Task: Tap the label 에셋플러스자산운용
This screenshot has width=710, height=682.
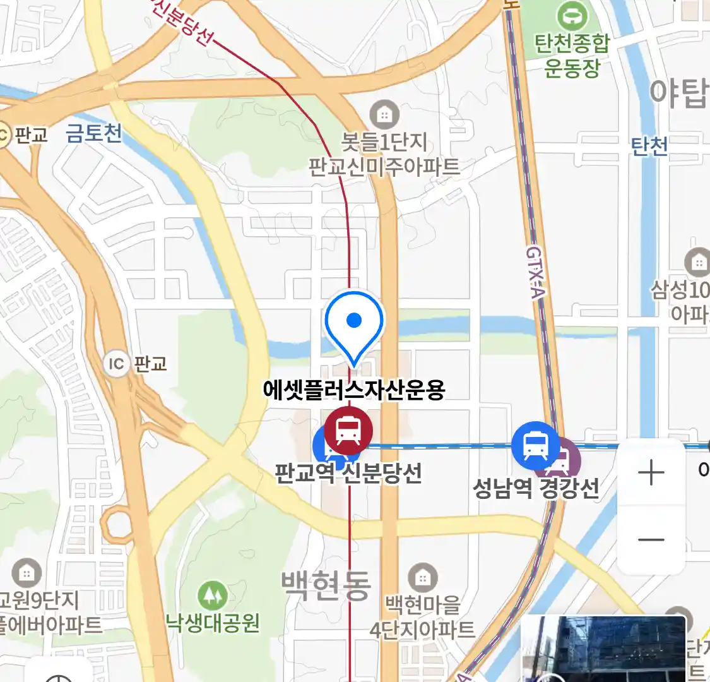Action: click(354, 390)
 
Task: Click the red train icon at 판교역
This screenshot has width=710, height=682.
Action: click(348, 431)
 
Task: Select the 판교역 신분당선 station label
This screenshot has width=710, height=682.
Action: click(348, 472)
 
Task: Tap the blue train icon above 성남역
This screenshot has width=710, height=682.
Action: click(536, 444)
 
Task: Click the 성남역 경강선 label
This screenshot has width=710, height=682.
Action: click(536, 488)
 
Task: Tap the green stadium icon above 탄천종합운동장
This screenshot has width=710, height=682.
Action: click(572, 15)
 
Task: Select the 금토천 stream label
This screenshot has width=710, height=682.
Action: click(94, 133)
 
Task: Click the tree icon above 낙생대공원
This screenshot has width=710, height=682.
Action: click(213, 595)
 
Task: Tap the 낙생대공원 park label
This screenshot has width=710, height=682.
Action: click(213, 623)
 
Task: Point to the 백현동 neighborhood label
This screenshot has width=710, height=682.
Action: click(326, 585)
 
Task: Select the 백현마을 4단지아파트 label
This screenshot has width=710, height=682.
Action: click(422, 617)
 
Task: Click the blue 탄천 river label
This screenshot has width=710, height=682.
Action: click(649, 147)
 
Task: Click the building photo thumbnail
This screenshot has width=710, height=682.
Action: click(603, 649)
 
